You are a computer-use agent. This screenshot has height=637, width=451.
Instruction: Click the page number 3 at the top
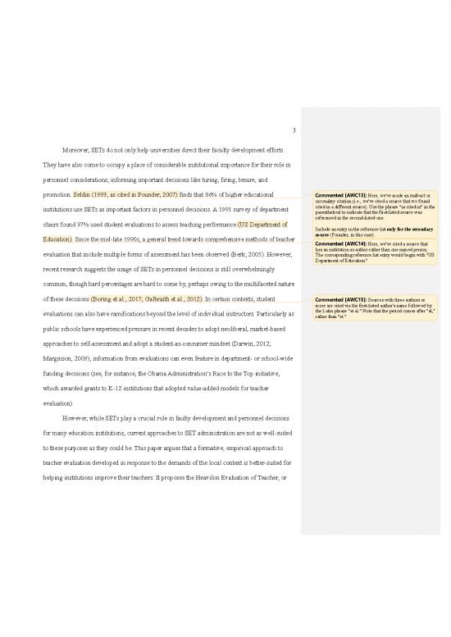pyautogui.click(x=292, y=127)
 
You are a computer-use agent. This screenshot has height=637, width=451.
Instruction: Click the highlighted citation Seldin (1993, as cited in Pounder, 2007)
pyautogui.click(x=123, y=196)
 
